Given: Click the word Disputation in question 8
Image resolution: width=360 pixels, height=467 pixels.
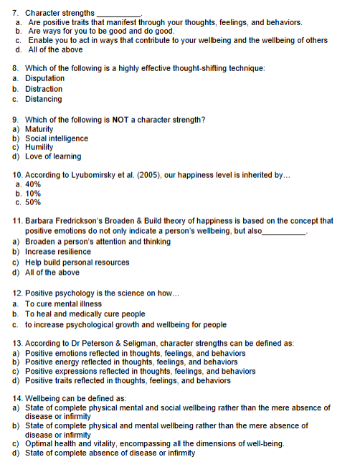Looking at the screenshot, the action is point(44,78).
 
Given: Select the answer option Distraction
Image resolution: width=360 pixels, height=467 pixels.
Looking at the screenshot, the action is point(44,89).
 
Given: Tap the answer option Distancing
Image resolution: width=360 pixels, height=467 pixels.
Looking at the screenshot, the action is point(43,99).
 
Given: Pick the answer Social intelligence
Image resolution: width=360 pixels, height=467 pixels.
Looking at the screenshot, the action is point(57,138).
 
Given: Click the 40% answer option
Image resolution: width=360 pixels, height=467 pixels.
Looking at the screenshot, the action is point(33,184).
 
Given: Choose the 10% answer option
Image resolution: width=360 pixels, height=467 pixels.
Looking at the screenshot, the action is point(33,193).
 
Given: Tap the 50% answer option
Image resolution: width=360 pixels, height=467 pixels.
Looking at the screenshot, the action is point(33,202).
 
